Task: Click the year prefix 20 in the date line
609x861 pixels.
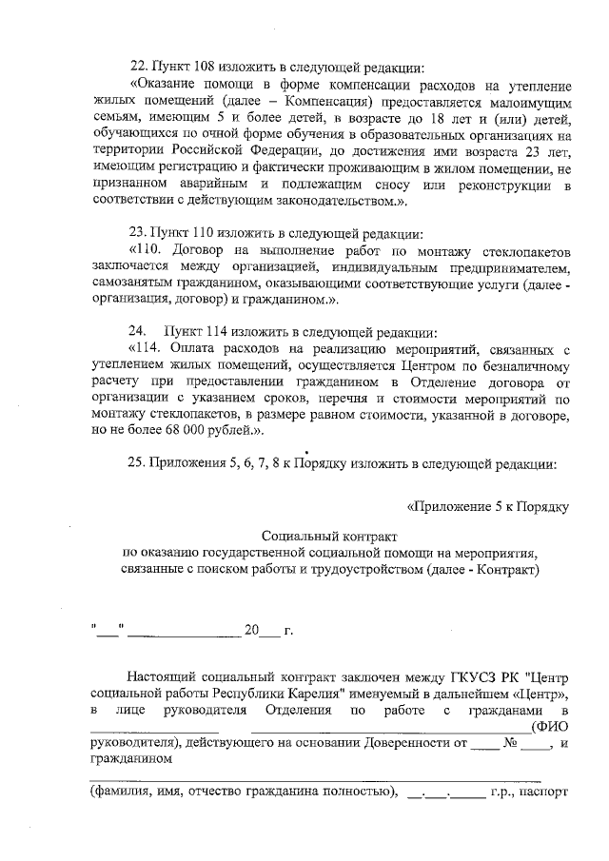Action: point(251,631)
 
